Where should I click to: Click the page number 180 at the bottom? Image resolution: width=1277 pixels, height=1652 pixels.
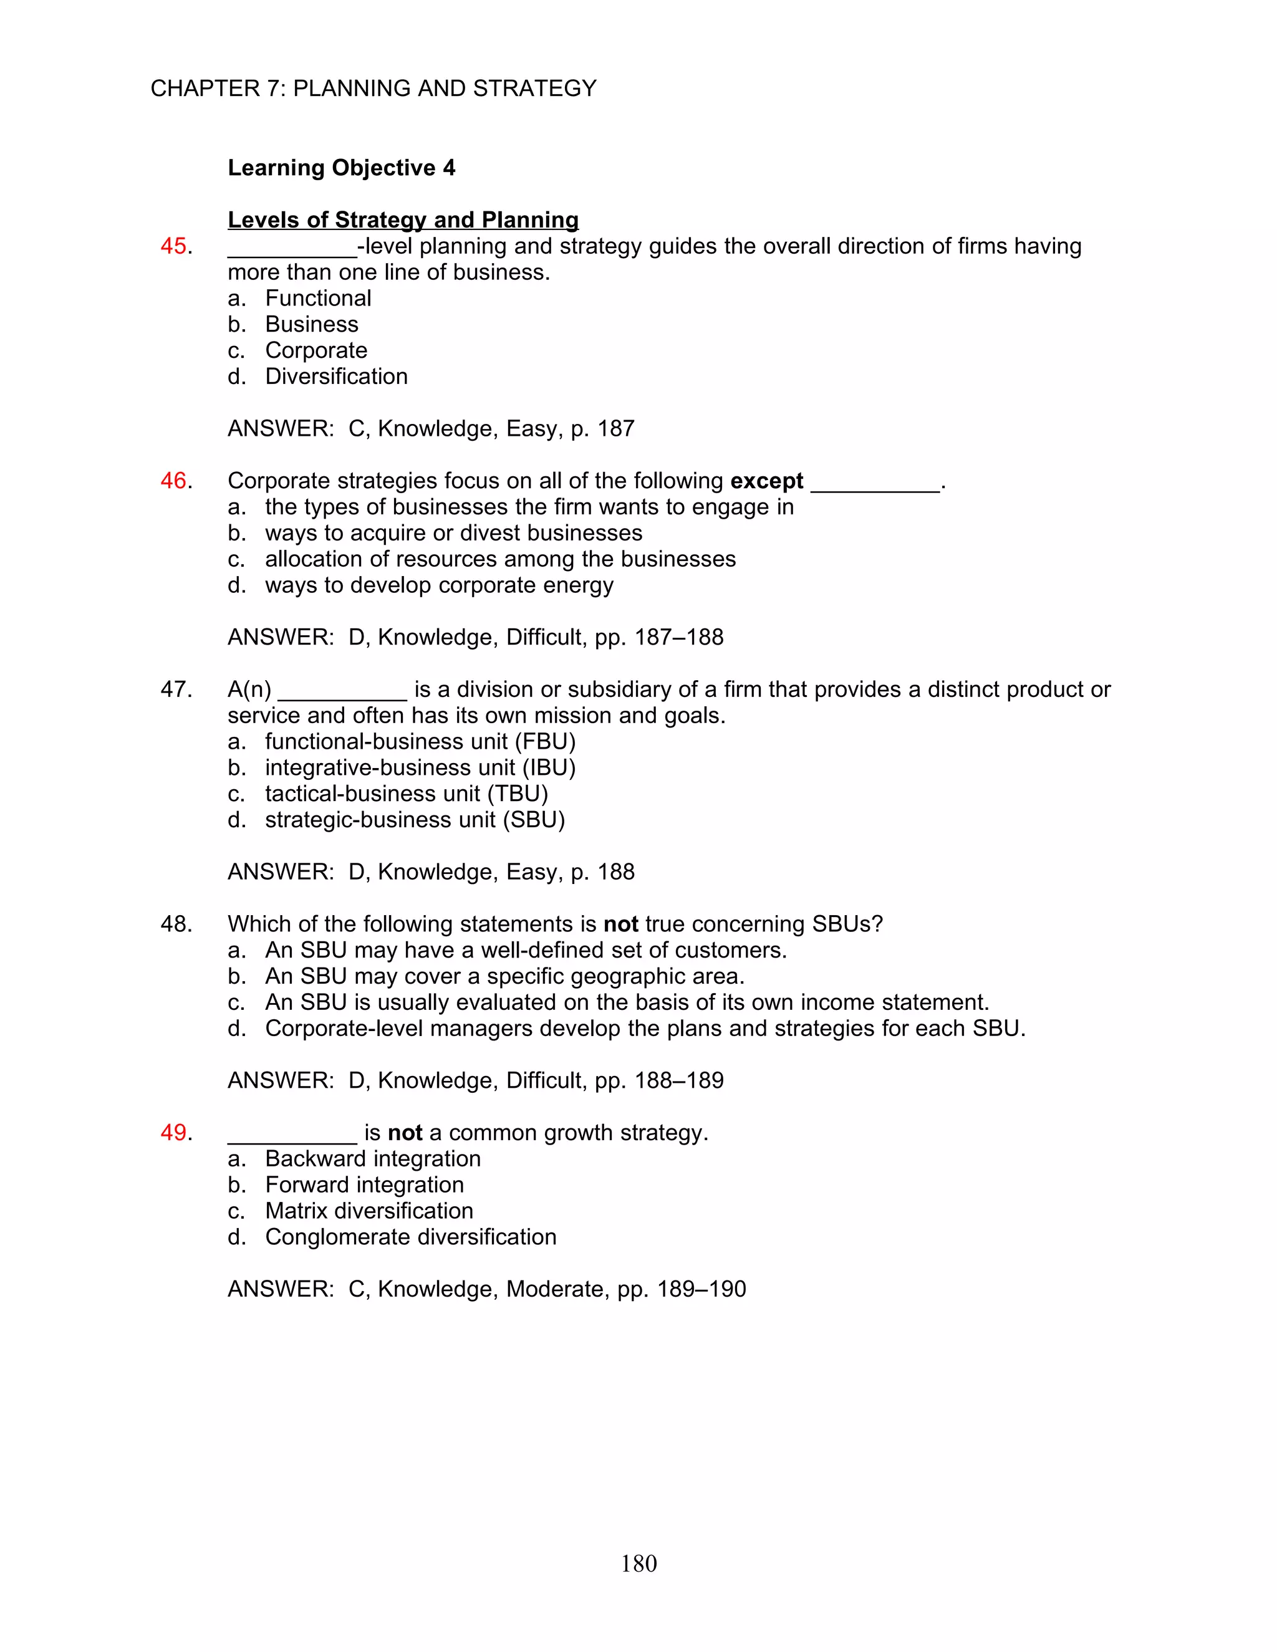point(638,1563)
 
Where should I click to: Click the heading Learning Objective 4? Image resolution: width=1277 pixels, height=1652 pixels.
point(341,167)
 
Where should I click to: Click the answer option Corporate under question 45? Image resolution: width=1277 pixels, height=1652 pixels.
point(316,350)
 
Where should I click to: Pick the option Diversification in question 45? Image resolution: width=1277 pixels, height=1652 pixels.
point(336,377)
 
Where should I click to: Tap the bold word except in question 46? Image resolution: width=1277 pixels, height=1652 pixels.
point(766,481)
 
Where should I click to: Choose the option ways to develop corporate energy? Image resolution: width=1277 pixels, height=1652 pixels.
point(439,585)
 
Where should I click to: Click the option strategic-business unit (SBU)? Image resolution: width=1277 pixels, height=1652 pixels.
point(415,820)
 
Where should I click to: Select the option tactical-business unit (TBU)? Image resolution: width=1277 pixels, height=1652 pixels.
point(407,794)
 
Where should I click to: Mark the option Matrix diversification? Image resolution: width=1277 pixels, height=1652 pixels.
point(369,1211)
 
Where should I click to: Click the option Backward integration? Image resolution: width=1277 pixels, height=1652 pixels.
point(372,1159)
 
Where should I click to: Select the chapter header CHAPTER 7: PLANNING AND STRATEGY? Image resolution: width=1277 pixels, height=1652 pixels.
point(373,89)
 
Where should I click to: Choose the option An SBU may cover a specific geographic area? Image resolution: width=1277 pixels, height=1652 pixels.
point(504,976)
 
